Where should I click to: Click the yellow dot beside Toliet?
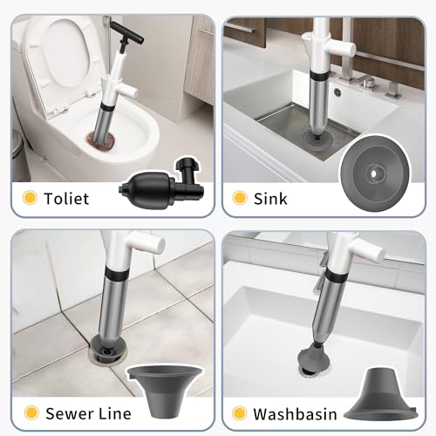click(x=30, y=199)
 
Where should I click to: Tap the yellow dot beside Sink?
click(x=240, y=199)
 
